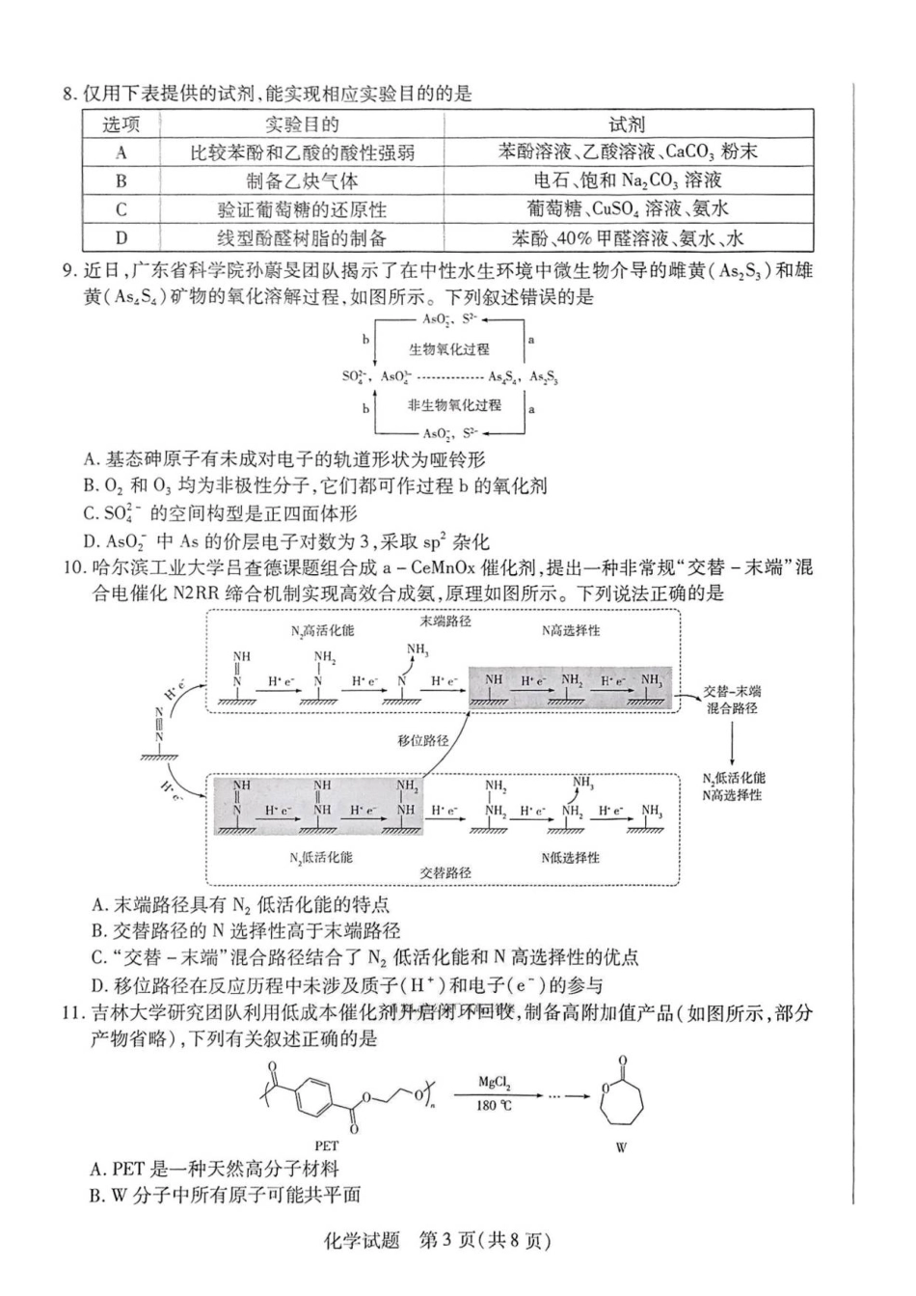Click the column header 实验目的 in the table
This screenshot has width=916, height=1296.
pyautogui.click(x=301, y=124)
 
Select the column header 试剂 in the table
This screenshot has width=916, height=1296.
pyautogui.click(x=627, y=124)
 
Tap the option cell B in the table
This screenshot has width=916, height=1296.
pyautogui.click(x=121, y=180)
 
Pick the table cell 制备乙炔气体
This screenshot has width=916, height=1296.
pyautogui.click(x=301, y=180)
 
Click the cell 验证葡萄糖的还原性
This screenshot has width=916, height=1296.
pyautogui.click(x=301, y=209)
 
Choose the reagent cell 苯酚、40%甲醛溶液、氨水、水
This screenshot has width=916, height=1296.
pyautogui.click(x=627, y=238)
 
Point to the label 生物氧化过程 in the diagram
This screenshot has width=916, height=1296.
pyautogui.click(x=448, y=349)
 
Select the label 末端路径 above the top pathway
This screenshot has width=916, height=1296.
pyautogui.click(x=445, y=622)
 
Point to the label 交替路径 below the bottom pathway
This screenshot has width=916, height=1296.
pyautogui.click(x=445, y=872)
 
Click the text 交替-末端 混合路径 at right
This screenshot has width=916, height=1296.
pyautogui.click(x=733, y=700)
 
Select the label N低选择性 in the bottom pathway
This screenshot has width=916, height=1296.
pyautogui.click(x=570, y=857)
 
